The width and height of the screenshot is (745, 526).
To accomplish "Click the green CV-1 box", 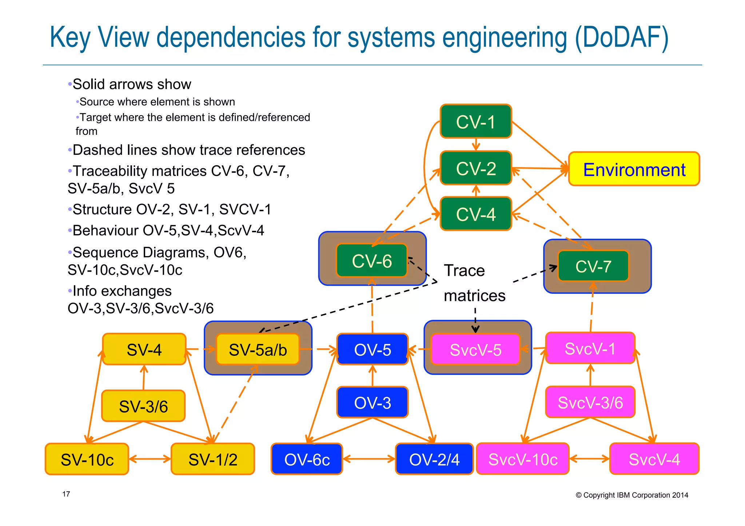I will [475, 121].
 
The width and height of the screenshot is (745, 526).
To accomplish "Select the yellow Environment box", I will [634, 169].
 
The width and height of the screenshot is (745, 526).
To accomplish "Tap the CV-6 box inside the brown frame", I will [371, 261].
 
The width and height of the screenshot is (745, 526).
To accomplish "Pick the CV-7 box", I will [593, 266].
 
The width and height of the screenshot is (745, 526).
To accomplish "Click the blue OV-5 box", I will [372, 349].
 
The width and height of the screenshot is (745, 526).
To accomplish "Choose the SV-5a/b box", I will [258, 350].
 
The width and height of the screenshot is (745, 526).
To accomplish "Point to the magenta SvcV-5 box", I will [475, 350].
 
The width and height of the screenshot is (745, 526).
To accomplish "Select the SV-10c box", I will [87, 459].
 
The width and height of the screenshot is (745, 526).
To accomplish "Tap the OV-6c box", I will [307, 459].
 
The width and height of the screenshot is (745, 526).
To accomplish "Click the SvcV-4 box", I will [654, 459].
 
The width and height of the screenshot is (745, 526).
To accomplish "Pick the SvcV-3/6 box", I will [590, 402].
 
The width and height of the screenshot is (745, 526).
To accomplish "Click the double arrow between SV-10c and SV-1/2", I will [150, 459].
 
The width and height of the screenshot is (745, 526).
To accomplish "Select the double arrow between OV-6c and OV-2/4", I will [368, 459].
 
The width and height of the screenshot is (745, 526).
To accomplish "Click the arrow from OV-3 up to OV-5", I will [372, 376].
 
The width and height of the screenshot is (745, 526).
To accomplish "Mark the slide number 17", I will [66, 494].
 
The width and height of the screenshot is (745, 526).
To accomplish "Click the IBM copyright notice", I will [632, 495].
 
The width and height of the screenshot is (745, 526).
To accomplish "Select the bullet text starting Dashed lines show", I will [188, 150].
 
